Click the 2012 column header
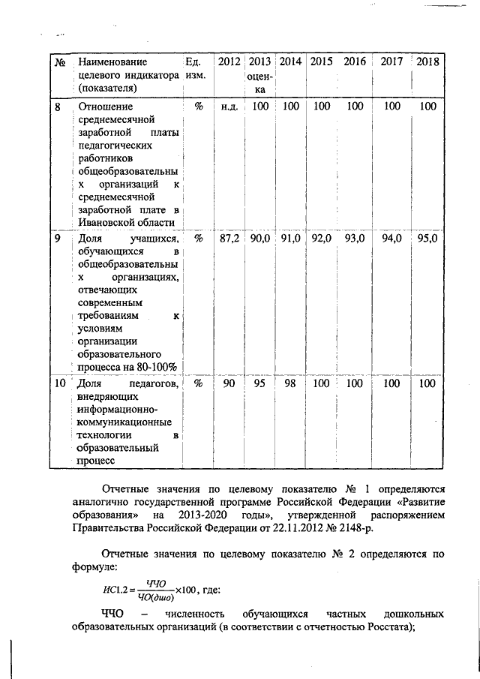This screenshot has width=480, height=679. (229, 62)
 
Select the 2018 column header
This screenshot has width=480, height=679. (427, 62)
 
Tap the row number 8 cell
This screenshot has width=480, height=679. (58, 107)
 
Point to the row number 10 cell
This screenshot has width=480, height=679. (60, 383)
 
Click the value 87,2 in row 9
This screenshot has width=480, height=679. (229, 239)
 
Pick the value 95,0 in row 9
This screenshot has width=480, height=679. (427, 239)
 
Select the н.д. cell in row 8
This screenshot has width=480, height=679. (229, 107)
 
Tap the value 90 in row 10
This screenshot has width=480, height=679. (229, 383)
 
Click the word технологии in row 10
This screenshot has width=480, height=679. (104, 434)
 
